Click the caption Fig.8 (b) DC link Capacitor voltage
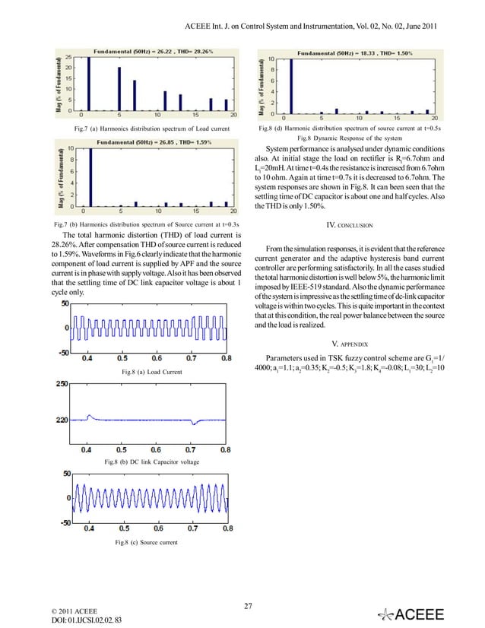pos(151,461)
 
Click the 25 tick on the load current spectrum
pos(68,58)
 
